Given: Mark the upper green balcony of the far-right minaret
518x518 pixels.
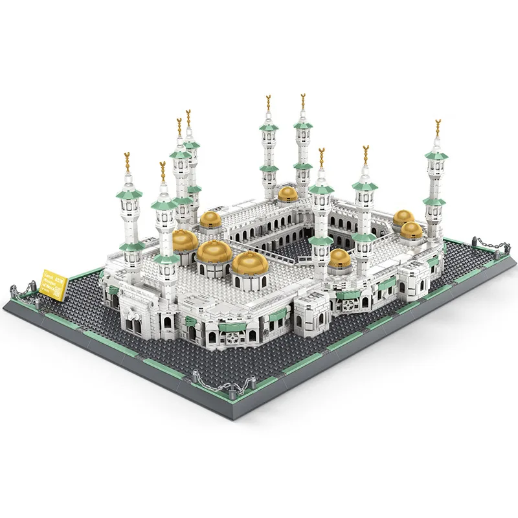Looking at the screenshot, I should tap(436, 156).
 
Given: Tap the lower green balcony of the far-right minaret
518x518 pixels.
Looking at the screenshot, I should tap(434, 202).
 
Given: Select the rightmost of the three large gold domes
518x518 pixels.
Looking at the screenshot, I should tap(250, 262).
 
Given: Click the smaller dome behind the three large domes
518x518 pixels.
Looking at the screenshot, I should tap(211, 219).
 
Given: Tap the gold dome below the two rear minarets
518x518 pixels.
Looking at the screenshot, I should tap(288, 192).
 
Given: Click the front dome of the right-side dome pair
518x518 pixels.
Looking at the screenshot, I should tap(411, 229).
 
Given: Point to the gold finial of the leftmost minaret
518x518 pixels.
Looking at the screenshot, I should tap(128, 161).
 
